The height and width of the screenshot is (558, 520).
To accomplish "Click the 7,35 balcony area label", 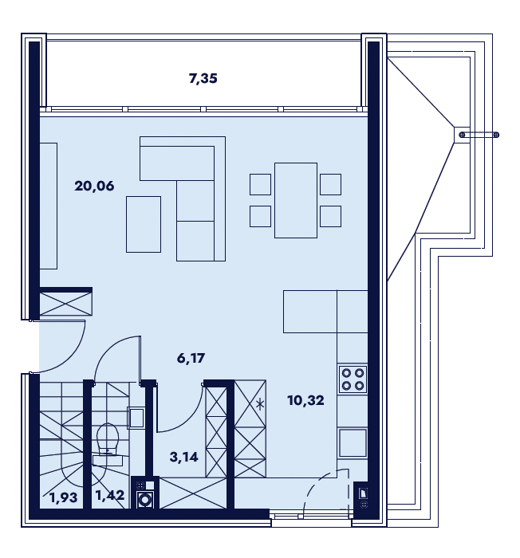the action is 203,78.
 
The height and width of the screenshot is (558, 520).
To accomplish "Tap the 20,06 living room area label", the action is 94,186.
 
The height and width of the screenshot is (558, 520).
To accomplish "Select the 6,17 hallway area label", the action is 191,358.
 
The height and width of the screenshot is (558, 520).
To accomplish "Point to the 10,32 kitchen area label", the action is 305,400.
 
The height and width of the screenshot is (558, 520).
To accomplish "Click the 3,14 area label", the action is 183,457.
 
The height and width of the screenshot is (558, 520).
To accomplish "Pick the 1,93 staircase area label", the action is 63,497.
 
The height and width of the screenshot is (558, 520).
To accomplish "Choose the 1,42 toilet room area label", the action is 110,495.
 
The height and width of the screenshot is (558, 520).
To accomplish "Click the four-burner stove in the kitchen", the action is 353,379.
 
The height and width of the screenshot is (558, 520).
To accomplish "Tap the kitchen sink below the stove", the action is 353,442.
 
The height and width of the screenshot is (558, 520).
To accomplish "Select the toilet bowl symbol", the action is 108,438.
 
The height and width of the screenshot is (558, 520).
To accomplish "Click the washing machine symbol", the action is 145,499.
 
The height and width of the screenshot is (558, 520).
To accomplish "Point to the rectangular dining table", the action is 296,200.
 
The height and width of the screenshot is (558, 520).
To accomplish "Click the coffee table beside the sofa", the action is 144,224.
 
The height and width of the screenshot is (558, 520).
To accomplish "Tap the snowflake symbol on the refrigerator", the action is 261,404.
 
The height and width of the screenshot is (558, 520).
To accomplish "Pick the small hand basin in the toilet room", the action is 136,418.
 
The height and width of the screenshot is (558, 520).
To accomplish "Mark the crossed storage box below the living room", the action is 65,304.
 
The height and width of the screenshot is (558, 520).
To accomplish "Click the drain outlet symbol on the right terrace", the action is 479,135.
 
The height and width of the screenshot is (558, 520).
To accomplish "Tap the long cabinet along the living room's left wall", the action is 49,206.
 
